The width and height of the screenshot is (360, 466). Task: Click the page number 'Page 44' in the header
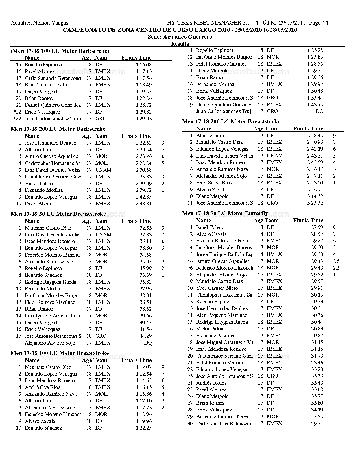coord(318,23)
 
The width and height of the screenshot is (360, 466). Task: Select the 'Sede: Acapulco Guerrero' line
coord(180,37)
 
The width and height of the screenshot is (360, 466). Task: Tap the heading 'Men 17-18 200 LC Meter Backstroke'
coord(58,129)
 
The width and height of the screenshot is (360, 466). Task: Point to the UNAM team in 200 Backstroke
coord(103,170)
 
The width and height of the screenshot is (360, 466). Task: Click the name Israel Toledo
coord(210,227)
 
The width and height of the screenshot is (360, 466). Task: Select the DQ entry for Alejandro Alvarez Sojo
coord(148,343)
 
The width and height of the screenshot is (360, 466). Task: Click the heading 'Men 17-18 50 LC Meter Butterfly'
coord(225,214)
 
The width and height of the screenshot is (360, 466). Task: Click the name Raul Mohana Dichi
coord(46,85)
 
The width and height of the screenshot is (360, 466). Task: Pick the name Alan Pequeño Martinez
coord(221,315)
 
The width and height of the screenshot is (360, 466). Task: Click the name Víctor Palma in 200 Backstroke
coord(39,184)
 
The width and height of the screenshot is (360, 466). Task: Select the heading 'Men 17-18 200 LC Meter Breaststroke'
coord(231,122)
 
